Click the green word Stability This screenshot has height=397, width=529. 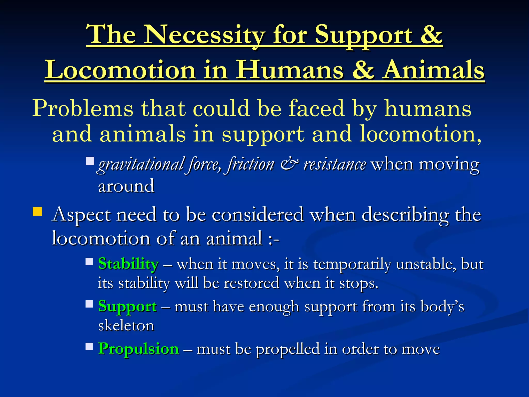(x=128, y=264)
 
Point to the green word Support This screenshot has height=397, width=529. (x=127, y=307)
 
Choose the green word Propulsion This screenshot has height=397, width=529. (x=139, y=349)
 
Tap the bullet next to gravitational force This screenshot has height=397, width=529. (x=90, y=161)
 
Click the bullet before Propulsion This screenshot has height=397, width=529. (x=89, y=346)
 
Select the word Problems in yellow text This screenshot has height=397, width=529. (x=83, y=109)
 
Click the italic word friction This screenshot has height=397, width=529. (x=251, y=164)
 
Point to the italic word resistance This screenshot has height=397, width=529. (x=334, y=164)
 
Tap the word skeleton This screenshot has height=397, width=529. (x=126, y=325)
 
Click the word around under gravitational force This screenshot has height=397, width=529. (x=126, y=186)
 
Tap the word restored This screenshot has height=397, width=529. (x=251, y=283)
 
